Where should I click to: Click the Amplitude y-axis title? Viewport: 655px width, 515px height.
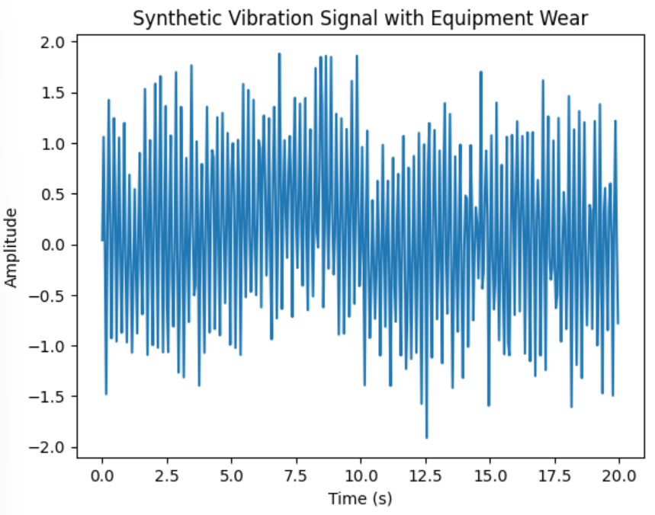11,245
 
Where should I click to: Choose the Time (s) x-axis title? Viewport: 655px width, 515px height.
360,499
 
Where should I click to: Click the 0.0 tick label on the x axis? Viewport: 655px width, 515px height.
102,476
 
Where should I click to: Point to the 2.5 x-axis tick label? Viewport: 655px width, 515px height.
166,476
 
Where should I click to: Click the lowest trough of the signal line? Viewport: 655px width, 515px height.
426,438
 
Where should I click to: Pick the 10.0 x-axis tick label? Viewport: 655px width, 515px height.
360,476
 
